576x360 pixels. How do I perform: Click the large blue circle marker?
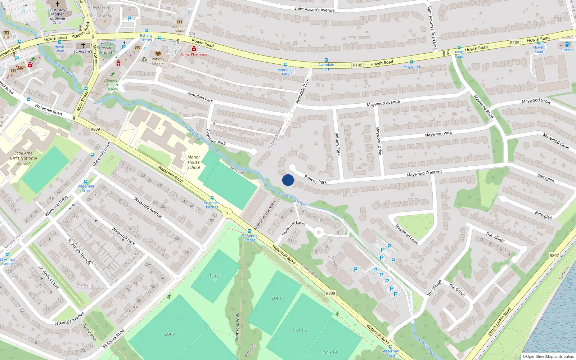point(288,180)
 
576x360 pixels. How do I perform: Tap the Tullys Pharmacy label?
point(194,54)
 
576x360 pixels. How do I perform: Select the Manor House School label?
point(194,162)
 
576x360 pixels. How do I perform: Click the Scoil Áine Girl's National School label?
point(23,158)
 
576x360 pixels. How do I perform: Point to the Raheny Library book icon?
point(158,53)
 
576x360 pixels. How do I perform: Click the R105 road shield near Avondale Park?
point(357,65)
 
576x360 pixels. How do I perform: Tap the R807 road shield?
point(554,256)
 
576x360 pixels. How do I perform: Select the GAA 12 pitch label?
point(277,298)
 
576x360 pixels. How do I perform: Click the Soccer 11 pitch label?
point(215,278)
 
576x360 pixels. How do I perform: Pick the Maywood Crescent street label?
point(424,174)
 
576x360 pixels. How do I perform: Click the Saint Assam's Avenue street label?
point(314,9)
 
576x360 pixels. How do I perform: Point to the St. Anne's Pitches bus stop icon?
point(249,231)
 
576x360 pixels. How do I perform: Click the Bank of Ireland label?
point(179,29)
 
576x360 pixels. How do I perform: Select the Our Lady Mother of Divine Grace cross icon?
point(58,4)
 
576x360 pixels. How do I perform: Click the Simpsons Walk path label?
point(237,327)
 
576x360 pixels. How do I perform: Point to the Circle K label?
point(568,50)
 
